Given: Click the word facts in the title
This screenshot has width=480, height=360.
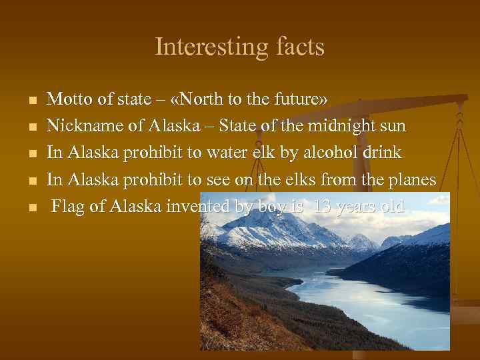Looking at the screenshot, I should [x=297, y=47].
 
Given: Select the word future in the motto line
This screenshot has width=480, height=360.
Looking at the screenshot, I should [x=297, y=99].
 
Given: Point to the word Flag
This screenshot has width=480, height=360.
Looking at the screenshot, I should [x=68, y=206].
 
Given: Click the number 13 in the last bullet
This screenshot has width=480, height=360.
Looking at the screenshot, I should [x=322, y=206].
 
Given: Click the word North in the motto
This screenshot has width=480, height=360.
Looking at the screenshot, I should [x=205, y=99].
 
